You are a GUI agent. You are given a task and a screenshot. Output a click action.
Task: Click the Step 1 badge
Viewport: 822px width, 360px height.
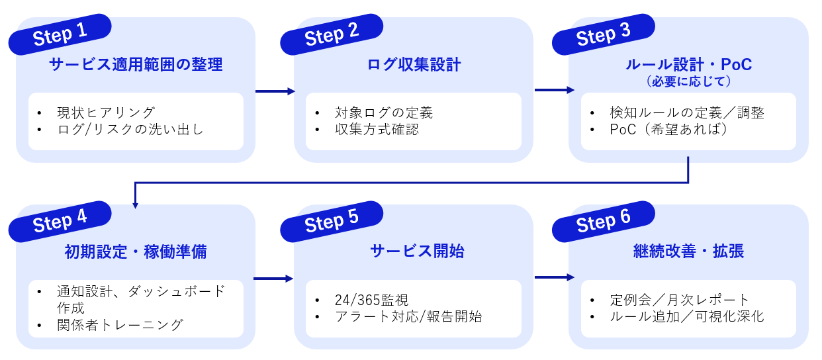60,34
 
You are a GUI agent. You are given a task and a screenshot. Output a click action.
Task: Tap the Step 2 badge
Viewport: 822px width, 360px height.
332,34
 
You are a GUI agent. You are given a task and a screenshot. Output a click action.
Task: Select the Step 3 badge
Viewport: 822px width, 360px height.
604,34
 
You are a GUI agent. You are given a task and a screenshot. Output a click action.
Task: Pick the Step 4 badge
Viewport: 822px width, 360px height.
60,220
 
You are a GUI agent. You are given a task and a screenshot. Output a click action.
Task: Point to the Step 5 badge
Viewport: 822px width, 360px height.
332,220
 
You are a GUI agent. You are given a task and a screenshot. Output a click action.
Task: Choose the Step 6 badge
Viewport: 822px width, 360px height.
604,220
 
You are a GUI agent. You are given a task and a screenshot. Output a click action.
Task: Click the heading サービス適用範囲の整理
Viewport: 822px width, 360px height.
136,65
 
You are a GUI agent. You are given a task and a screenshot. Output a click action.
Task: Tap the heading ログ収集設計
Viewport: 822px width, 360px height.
414,65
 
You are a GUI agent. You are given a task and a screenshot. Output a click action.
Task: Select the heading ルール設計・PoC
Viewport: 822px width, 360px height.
688,65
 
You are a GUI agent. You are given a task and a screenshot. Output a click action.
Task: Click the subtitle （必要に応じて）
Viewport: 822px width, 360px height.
688,81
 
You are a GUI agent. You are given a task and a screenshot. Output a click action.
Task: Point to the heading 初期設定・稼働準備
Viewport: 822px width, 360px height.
136,252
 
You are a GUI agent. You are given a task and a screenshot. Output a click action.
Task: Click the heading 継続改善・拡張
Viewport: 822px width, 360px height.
688,252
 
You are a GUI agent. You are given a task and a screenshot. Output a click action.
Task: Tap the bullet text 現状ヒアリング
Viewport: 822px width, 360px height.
106,112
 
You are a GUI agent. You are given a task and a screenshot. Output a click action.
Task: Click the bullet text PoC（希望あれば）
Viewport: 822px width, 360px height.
668,130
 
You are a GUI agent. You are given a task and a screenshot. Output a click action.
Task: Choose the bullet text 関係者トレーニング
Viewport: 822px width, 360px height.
120,325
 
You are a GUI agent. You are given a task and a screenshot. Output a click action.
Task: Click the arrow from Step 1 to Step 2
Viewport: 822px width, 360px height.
275,92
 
